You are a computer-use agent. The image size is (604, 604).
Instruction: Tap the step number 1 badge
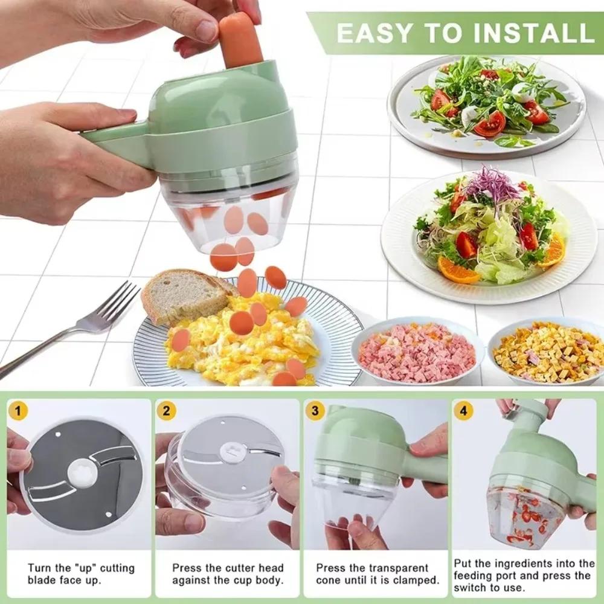19,412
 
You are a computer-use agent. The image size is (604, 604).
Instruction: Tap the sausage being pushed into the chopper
240,40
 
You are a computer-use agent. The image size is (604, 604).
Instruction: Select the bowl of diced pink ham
417,352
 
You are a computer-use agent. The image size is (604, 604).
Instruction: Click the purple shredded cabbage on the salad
492,184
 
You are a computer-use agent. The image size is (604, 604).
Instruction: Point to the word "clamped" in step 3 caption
417,580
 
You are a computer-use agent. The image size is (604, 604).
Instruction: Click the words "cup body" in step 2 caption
259,580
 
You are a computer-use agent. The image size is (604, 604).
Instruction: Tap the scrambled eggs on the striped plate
242,344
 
